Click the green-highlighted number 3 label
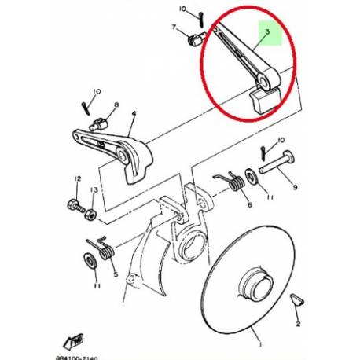click(267, 33)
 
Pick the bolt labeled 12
click(77, 211)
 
